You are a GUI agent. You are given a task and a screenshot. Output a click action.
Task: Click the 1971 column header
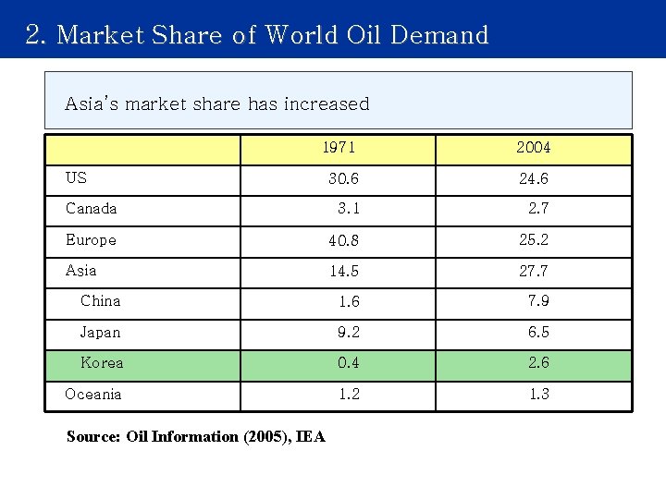pos(339,148)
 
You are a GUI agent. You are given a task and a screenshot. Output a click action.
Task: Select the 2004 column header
pos(534,148)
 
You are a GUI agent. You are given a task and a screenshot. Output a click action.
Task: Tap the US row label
pos(76,177)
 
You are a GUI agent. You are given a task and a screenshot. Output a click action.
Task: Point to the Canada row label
pos(92,209)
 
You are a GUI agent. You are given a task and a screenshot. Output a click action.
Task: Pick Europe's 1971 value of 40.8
pos(344,240)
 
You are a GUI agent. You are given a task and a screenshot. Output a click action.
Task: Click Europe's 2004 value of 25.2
pos(534,239)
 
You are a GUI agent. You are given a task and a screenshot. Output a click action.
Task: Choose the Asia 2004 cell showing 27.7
pos(534,271)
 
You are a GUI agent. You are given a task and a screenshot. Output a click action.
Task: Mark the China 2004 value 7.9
pos(538,301)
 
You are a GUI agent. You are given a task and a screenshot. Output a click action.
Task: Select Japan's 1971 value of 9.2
pos(349,333)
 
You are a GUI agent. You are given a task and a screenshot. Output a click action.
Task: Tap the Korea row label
pos(102,363)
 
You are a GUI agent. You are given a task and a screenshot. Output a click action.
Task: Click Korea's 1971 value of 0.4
pos(349,363)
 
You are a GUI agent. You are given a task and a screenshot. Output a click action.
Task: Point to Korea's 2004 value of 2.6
pos(538,363)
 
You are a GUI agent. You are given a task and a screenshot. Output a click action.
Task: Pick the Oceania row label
pos(93,395)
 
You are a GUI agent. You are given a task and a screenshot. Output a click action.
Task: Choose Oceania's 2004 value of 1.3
pos(538,395)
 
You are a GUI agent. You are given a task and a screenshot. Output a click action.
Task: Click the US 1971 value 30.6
pos(344,178)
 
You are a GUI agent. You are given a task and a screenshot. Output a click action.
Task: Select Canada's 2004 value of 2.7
pos(538,209)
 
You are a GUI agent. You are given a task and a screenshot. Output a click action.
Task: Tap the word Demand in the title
pos(439,35)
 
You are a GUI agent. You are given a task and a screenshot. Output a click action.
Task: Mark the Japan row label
pos(100,333)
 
